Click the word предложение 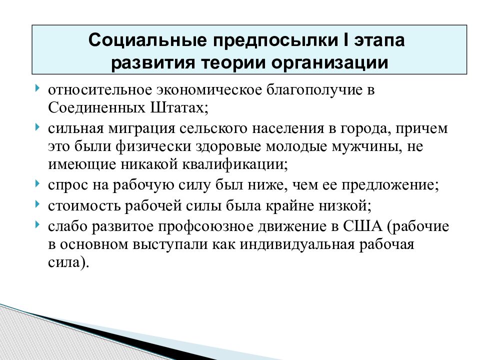tap(390, 184)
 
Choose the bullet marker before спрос tap(38, 183)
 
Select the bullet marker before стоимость tap(38, 204)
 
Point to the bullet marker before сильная tap(38, 128)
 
